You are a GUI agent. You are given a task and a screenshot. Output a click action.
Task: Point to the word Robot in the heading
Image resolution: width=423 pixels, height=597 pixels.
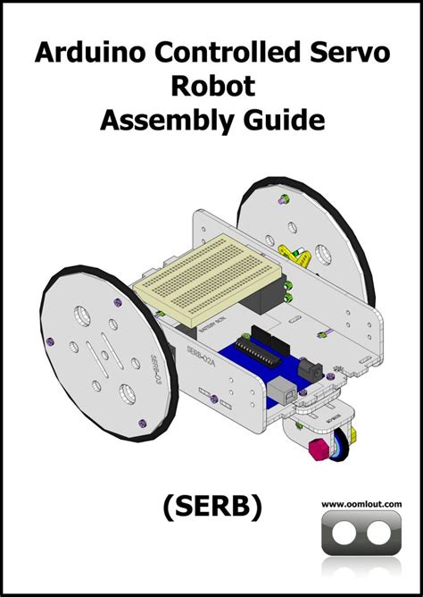pyautogui.click(x=211, y=86)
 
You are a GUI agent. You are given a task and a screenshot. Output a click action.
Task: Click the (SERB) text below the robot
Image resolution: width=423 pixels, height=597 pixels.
pyautogui.click(x=211, y=507)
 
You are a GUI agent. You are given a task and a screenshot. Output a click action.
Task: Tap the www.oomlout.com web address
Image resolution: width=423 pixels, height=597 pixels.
pyautogui.click(x=361, y=505)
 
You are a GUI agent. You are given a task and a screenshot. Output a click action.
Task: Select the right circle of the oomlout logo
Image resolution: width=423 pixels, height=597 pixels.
pyautogui.click(x=379, y=534)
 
